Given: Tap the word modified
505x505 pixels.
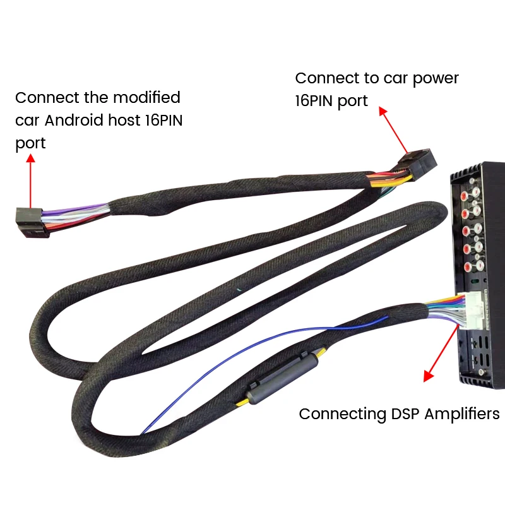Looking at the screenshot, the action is point(146,98).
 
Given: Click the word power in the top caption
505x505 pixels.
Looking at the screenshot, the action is point(437,78).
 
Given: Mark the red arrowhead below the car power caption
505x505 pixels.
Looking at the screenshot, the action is point(383,110).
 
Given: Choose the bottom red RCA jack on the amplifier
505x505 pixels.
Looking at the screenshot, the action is point(468,268).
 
